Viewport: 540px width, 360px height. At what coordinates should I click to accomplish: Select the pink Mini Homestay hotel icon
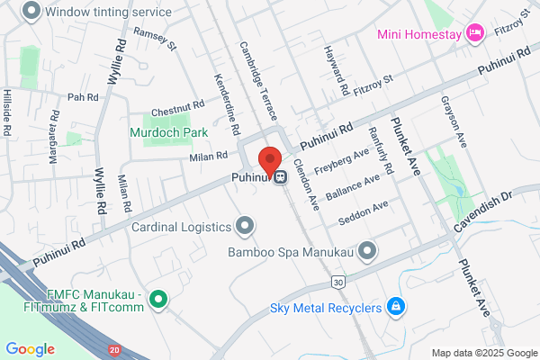click(476, 33)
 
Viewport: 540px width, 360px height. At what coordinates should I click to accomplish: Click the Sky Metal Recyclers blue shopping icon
click(394, 308)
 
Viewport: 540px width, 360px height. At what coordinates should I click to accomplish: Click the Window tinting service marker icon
click(32, 12)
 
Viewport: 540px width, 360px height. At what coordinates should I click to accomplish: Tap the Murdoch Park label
click(169, 132)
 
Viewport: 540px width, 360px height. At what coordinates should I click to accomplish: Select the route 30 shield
click(337, 283)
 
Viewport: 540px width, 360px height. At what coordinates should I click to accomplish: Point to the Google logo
click(31, 348)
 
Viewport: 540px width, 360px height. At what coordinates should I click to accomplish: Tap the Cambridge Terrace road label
click(258, 81)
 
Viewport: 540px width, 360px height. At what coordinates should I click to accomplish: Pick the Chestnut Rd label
click(178, 108)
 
